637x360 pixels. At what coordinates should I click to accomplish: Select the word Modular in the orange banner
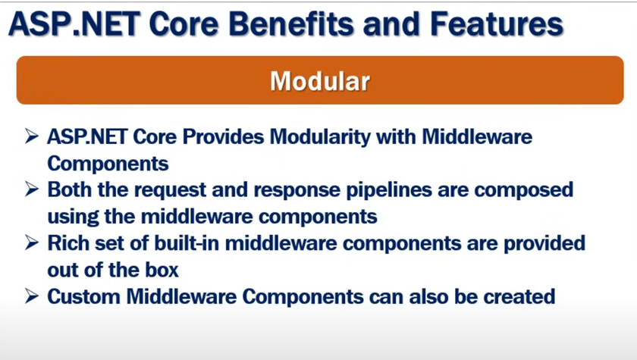point(320,81)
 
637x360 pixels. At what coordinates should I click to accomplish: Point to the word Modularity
point(320,137)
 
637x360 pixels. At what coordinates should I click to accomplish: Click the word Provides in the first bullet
point(223,136)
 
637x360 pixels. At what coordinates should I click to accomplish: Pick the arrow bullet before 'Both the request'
point(31,189)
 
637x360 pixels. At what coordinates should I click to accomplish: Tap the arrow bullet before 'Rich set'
point(31,243)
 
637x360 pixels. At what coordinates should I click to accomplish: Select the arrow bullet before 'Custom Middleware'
point(31,296)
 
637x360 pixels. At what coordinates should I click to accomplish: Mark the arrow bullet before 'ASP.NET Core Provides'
point(31,136)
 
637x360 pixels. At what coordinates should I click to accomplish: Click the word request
point(170,191)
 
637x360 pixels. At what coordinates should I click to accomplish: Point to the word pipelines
point(389,190)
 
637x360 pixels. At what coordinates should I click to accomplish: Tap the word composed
point(524,191)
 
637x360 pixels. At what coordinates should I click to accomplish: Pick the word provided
point(544,244)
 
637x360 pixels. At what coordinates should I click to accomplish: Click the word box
point(162,271)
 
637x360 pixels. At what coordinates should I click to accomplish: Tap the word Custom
point(83,296)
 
